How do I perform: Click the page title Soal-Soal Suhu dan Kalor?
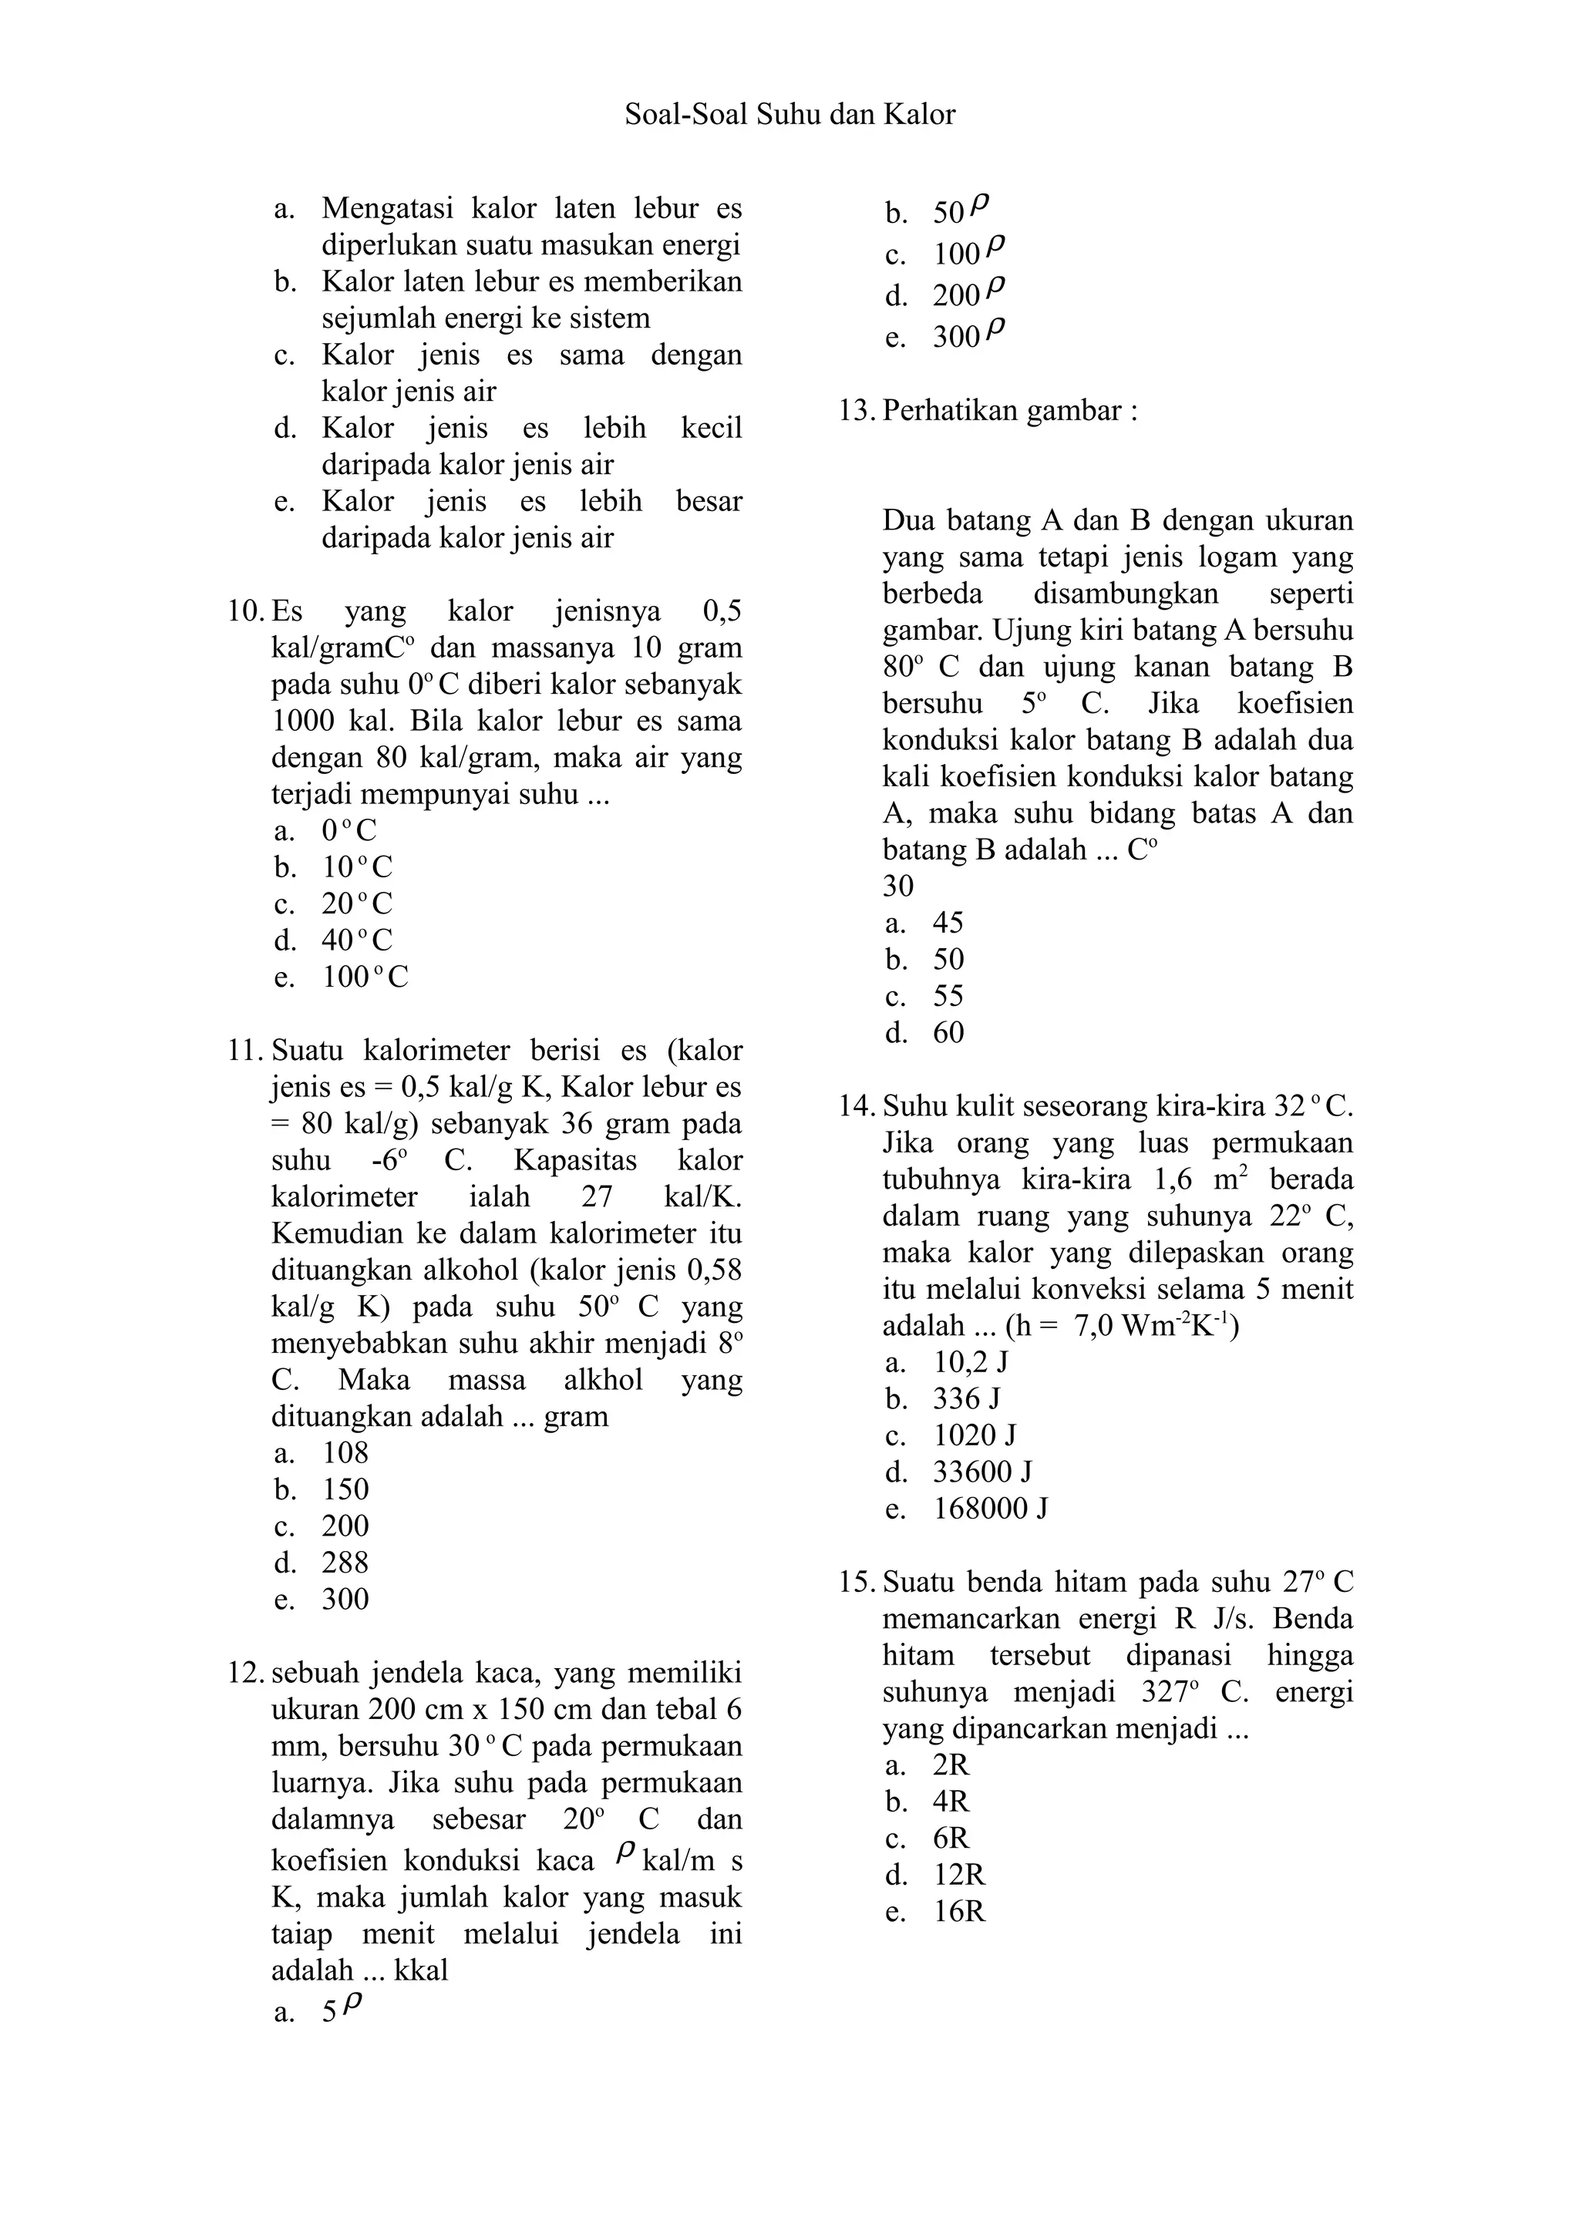(x=789, y=115)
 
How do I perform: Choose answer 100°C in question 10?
(x=365, y=977)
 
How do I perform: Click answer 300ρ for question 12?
(x=968, y=335)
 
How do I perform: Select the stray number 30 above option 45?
(x=898, y=887)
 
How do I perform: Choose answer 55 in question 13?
(x=948, y=996)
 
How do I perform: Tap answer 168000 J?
(x=991, y=1509)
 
